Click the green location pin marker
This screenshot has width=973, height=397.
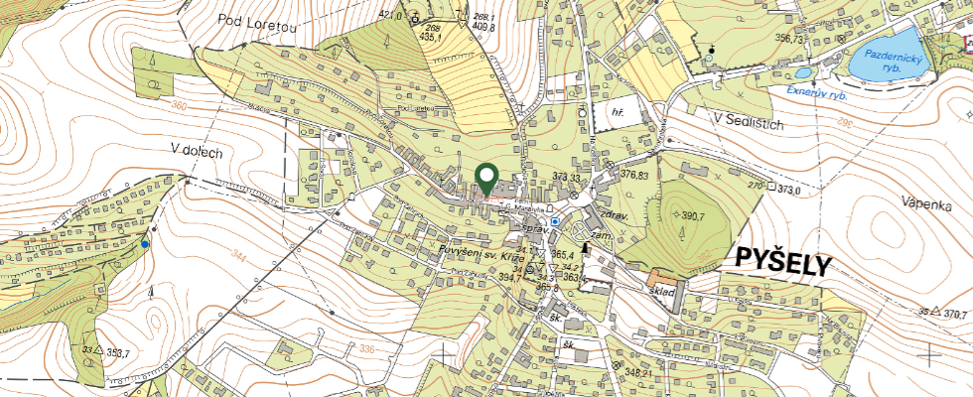coord(486,180)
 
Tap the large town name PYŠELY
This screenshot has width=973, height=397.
coord(782,260)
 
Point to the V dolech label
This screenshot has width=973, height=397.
coord(198,151)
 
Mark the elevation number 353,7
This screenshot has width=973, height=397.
coord(119,352)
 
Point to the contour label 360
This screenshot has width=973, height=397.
coord(179,106)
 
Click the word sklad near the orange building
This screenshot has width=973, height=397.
coord(663,292)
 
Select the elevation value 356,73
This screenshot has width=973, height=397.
coord(790,39)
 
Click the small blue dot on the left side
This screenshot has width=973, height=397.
coord(145,244)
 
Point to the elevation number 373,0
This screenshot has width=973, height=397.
coord(789,190)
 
